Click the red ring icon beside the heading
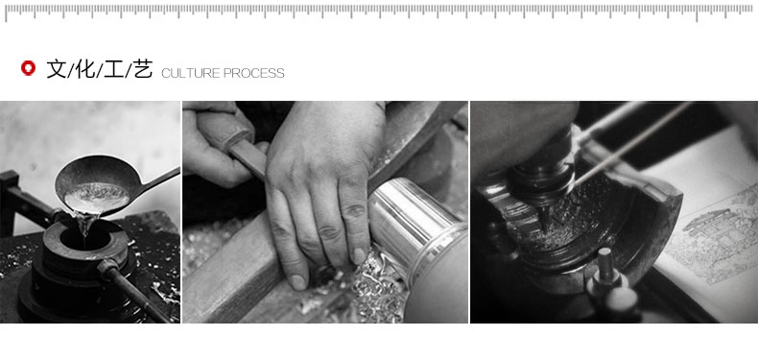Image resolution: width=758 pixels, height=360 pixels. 28,68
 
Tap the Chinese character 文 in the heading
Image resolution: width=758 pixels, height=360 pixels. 56,69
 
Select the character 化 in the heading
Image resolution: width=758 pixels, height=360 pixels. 85,69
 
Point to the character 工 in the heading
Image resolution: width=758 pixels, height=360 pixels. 114,69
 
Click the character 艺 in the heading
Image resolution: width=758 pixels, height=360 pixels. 143,69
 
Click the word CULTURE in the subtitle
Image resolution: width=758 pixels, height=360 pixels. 191,73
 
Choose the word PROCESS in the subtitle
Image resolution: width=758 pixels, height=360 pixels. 254,73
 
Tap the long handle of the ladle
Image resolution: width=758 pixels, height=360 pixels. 160,178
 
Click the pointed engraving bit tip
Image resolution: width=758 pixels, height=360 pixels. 545,226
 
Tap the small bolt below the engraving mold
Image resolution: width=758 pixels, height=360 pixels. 605,265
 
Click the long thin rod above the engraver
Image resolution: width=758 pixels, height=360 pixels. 633,144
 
